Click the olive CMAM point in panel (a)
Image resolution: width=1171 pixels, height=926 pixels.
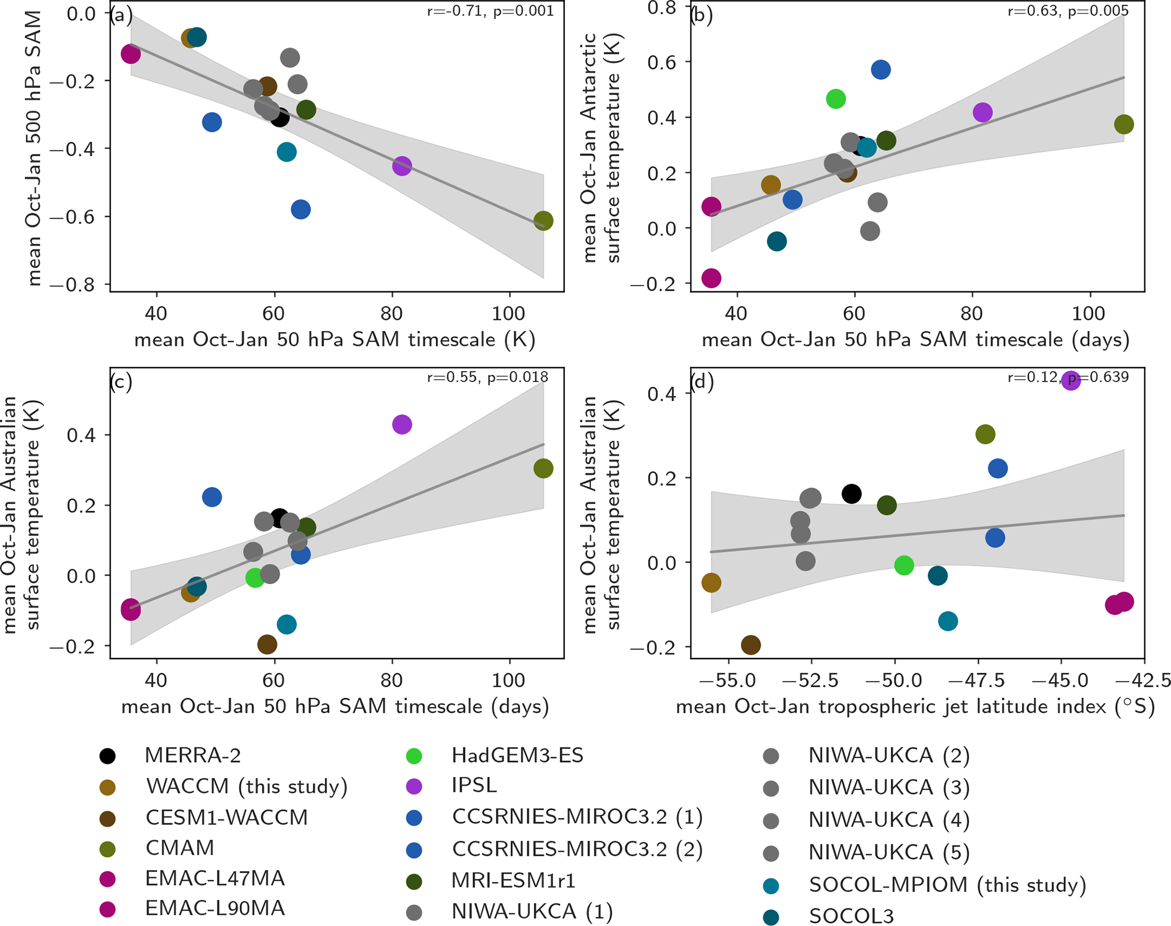[543, 220]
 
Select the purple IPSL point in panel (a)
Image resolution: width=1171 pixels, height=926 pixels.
[402, 166]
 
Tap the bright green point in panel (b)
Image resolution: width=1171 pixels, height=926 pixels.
[836, 99]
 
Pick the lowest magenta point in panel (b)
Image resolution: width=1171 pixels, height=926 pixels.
[711, 278]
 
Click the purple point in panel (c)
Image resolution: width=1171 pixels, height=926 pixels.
[402, 424]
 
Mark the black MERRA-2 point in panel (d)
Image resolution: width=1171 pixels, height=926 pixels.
[851, 494]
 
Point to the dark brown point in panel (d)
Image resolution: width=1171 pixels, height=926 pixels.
[751, 644]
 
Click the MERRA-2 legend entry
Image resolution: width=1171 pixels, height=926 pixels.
[193, 755]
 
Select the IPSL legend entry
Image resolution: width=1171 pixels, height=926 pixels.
[474, 785]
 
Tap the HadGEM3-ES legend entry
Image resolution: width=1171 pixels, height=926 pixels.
[517, 755]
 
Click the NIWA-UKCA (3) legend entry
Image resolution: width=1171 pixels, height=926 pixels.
[888, 787]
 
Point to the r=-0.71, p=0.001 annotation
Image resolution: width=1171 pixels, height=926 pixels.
[490, 11]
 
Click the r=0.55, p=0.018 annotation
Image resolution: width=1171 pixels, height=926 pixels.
[487, 377]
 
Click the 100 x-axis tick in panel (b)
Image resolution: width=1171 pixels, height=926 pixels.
[1089, 313]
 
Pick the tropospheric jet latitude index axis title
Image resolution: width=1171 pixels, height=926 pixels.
[915, 707]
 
